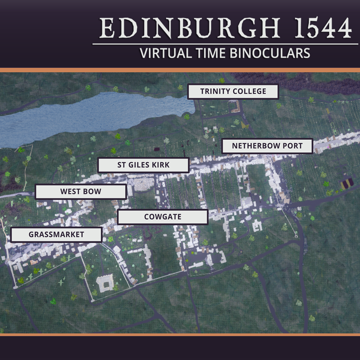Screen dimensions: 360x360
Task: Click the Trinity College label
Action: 233,91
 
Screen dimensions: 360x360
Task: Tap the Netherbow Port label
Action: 267,146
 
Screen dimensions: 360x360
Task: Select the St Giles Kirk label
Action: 143,165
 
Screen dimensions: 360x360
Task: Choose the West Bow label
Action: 81,192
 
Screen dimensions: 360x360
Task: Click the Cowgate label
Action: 163,217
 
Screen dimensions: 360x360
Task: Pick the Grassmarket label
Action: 56,235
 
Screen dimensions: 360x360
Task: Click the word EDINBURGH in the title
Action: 190,28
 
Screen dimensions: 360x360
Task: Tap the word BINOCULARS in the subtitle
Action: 270,54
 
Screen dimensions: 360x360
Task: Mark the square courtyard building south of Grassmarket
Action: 105,283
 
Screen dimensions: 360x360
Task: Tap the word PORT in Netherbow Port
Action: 292,146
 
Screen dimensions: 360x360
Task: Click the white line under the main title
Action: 225,44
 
